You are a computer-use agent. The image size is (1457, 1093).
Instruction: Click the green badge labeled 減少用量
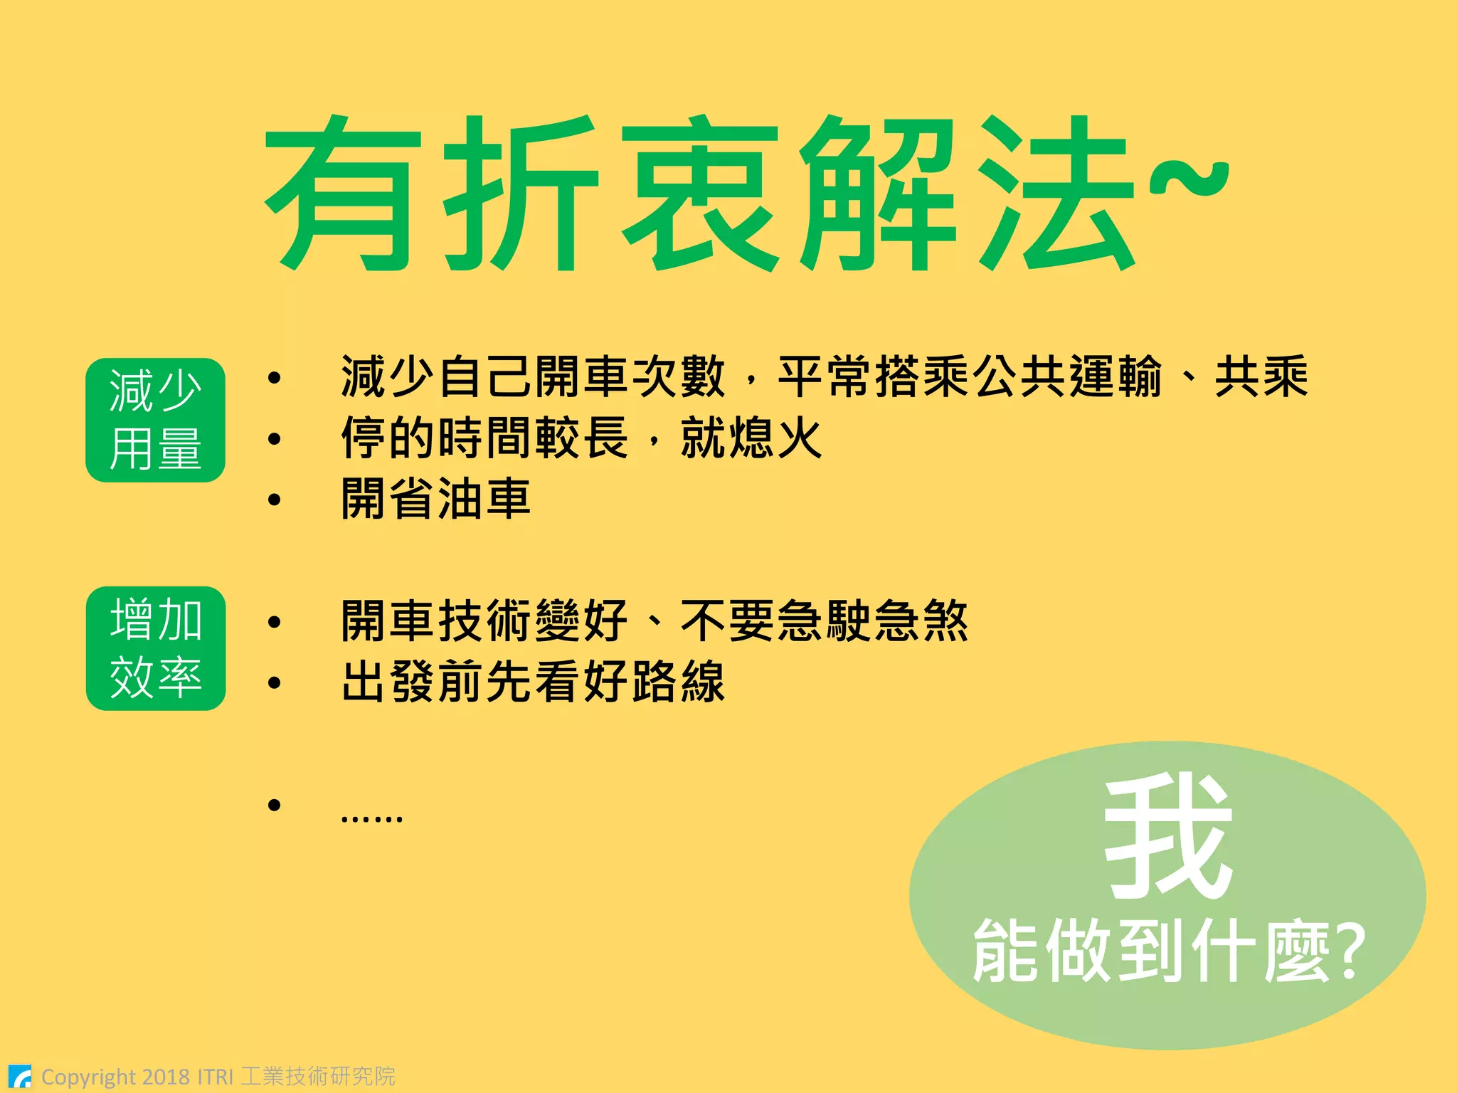click(155, 420)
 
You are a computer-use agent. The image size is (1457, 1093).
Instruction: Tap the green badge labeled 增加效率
click(155, 648)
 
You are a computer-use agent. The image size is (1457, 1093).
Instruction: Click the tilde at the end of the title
click(1190, 178)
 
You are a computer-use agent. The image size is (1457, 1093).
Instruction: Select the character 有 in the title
click(339, 194)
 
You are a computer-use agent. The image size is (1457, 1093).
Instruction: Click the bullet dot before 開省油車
click(275, 500)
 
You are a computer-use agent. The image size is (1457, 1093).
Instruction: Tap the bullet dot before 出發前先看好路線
click(275, 683)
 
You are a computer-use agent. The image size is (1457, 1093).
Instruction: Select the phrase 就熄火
click(751, 438)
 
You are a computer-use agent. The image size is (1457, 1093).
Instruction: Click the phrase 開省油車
click(435, 499)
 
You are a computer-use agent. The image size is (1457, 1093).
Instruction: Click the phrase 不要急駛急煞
click(824, 621)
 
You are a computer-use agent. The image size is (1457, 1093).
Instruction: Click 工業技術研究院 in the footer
click(318, 1076)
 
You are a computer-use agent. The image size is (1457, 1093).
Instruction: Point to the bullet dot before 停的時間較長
click(275, 439)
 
